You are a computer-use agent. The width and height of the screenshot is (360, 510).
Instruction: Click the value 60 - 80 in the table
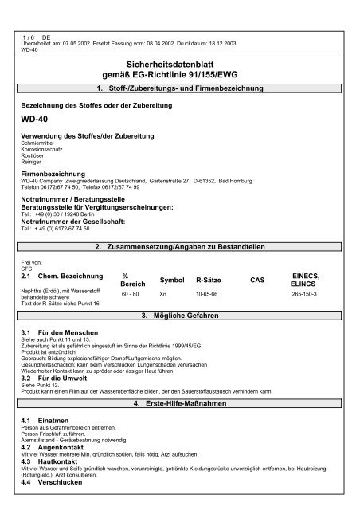[x=131, y=272]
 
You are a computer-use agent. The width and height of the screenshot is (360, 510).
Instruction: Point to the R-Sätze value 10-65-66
[x=207, y=272]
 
